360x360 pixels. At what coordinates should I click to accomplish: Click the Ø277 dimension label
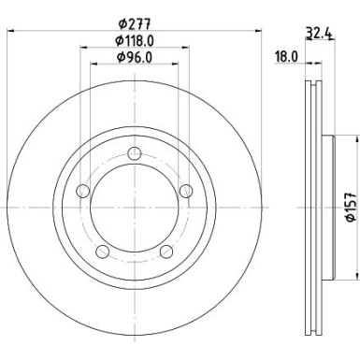(x=135, y=23)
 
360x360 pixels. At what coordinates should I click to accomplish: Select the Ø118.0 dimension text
(x=135, y=40)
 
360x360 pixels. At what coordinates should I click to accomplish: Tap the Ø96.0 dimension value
(x=135, y=57)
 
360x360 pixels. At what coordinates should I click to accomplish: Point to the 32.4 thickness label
(x=318, y=33)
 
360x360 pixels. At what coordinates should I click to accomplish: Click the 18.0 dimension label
(x=286, y=57)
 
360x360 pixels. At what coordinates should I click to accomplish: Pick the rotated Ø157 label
(x=351, y=207)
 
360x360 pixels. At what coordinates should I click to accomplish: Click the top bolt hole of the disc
(x=135, y=153)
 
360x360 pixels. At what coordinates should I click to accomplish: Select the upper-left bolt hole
(x=83, y=191)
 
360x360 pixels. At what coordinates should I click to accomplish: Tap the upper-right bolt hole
(x=186, y=191)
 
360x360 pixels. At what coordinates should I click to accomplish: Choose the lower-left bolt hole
(x=103, y=252)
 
